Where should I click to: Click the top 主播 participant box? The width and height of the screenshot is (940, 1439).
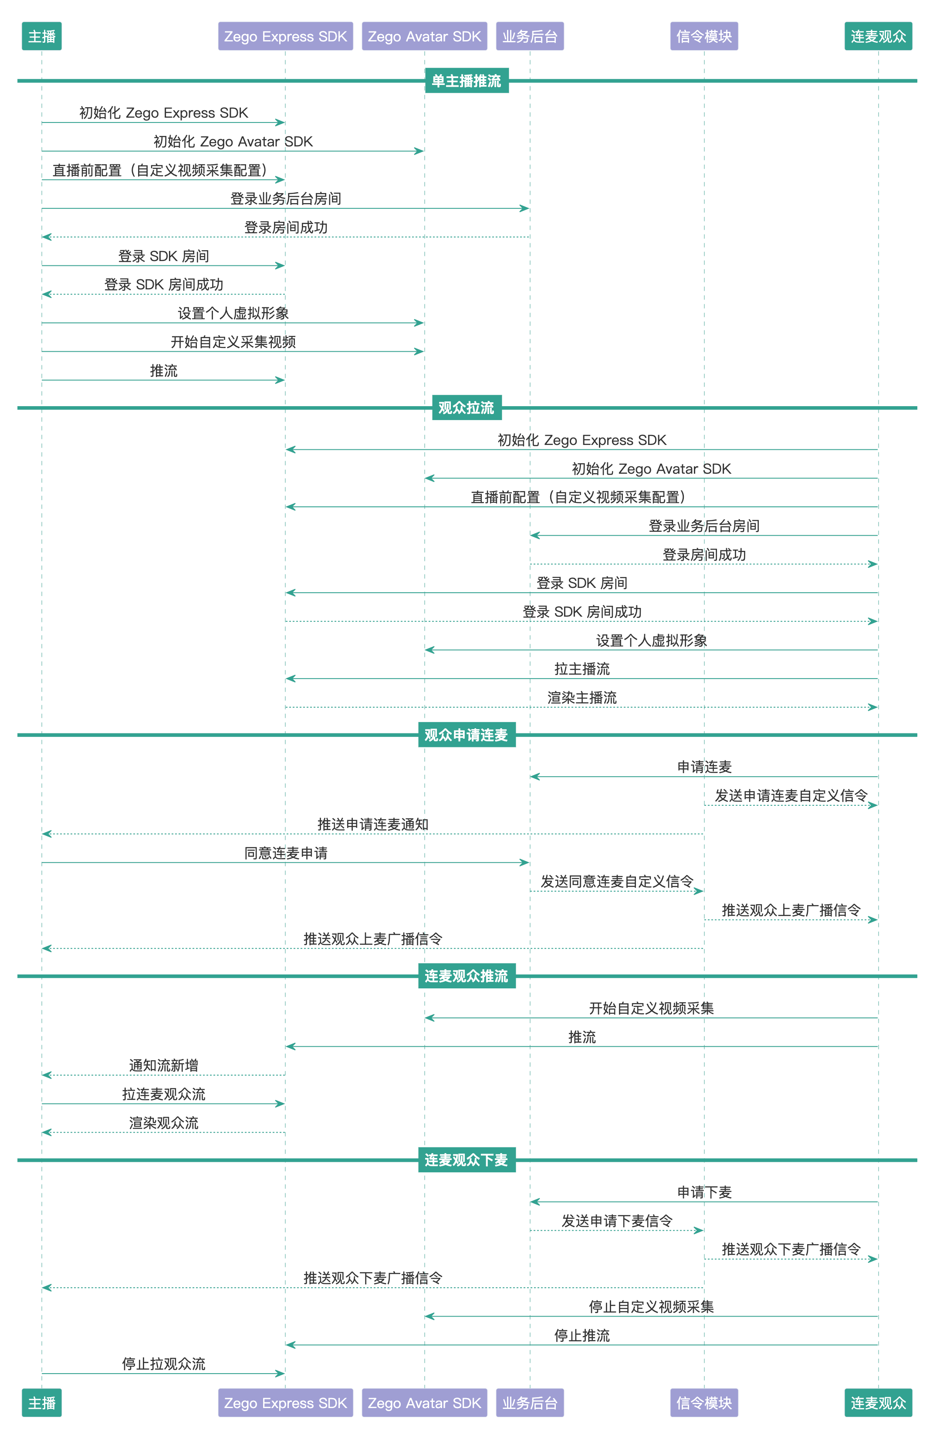[42, 36]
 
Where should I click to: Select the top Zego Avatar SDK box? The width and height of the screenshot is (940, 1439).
[424, 36]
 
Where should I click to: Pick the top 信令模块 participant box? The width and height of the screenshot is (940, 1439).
[703, 36]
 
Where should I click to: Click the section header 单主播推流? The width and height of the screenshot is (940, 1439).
[466, 81]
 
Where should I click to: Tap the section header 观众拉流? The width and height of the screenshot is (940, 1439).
[466, 408]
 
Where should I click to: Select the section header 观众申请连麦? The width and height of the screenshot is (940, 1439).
[466, 735]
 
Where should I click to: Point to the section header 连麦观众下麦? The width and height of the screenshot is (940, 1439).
[466, 1160]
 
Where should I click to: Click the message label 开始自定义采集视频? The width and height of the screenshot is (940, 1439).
[233, 342]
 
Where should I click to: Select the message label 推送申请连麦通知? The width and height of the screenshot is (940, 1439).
[373, 825]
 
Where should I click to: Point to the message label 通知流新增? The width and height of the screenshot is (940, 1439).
[164, 1066]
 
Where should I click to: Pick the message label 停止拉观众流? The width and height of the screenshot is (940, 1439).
[164, 1364]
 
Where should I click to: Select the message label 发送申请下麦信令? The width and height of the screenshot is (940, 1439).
[617, 1221]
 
